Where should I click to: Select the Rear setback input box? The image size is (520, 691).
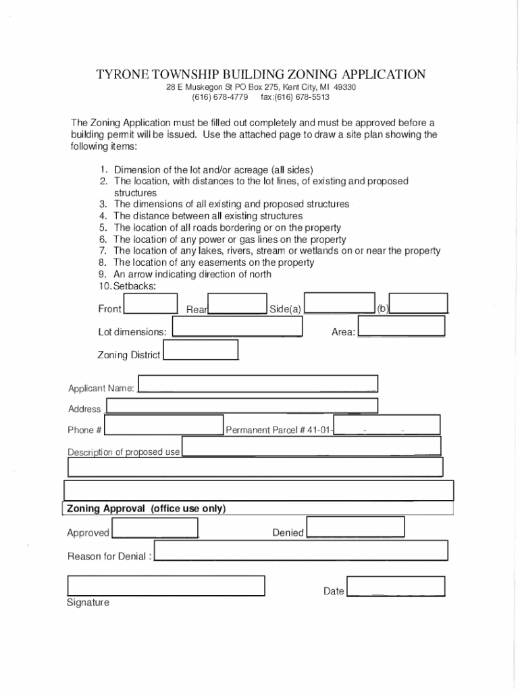[x=237, y=304]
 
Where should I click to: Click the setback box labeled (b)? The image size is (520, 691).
[x=419, y=304]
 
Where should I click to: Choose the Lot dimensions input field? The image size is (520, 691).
[x=237, y=327]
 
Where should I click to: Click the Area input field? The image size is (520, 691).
[x=401, y=326]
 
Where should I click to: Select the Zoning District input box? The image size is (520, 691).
[x=201, y=350]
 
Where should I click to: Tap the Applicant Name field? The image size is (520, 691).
[x=257, y=384]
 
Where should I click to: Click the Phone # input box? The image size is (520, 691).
[x=163, y=425]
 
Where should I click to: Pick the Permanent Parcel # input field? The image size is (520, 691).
[x=387, y=424]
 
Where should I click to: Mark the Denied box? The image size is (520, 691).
[x=355, y=527]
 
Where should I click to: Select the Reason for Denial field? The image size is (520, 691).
[x=301, y=551]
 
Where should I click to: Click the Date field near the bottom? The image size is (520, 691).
[x=395, y=586]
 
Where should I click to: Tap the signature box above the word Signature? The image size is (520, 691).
[x=165, y=586]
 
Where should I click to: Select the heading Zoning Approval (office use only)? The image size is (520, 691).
[x=146, y=509]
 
